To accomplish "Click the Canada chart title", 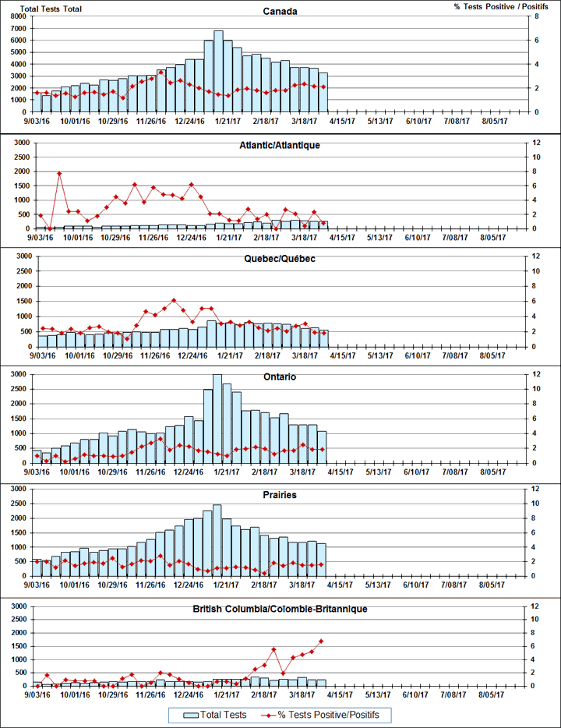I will coord(280,12).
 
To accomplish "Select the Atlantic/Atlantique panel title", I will coord(280,146).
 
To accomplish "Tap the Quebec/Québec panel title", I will coord(280,259).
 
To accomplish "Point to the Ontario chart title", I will coord(280,377).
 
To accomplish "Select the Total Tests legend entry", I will coord(217,715).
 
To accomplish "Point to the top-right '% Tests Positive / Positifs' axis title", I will coord(496,6).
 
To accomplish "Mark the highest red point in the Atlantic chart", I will coord(59,173).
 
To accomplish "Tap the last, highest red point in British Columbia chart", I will coord(321,641).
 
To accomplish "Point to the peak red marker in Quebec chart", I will coord(174,300).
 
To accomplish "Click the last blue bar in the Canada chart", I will coord(323,92).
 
